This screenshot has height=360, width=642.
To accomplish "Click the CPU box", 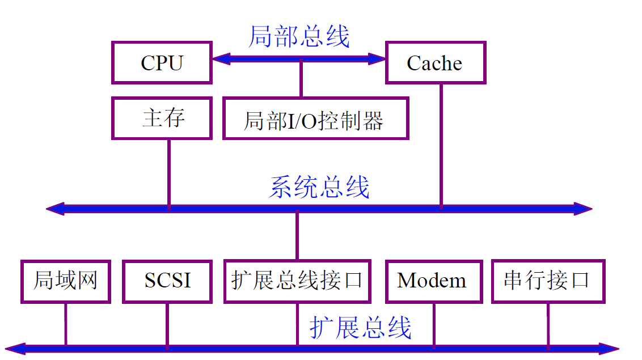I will pyautogui.click(x=162, y=62).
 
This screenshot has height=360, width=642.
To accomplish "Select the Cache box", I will pyautogui.click(x=435, y=62).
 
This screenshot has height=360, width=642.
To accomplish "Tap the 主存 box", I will pyautogui.click(x=162, y=118).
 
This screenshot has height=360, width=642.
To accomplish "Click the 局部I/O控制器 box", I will pyautogui.click(x=315, y=118).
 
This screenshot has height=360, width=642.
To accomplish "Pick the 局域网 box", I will pyautogui.click(x=65, y=281).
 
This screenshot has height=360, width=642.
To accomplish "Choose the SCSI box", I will pyautogui.click(x=167, y=281).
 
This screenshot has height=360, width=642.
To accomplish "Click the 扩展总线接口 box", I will pyautogui.click(x=297, y=281).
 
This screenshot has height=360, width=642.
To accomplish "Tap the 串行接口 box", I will pyautogui.click(x=547, y=281).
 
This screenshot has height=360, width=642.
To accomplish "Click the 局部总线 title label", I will pyautogui.click(x=299, y=37).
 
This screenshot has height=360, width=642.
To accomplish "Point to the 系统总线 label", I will pyautogui.click(x=319, y=188).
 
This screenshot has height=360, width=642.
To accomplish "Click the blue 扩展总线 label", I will pyautogui.click(x=361, y=328).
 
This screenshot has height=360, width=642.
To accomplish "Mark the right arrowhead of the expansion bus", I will pyautogui.click(x=610, y=348).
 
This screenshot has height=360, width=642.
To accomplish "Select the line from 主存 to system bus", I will pyautogui.click(x=168, y=173).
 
